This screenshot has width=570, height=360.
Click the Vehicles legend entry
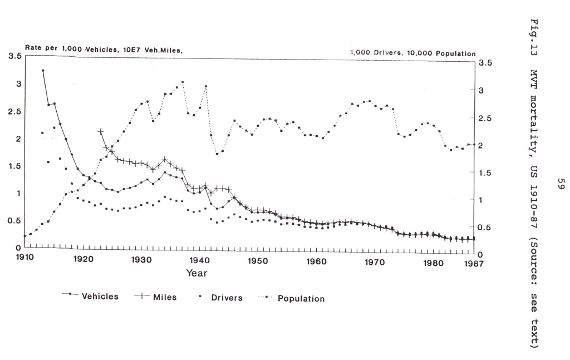[x=100, y=296]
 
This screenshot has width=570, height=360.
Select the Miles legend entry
[x=165, y=297]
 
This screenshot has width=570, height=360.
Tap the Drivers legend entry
[x=227, y=298]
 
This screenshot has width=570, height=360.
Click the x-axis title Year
[x=196, y=273]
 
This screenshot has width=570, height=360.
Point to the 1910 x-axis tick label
[x=24, y=259]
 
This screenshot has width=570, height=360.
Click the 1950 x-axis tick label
[x=258, y=260]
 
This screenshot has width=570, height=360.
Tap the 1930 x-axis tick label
[x=141, y=259]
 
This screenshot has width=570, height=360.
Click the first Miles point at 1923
[x=101, y=131]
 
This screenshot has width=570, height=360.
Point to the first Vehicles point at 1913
[x=43, y=71]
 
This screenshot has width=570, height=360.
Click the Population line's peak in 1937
[x=182, y=82]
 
